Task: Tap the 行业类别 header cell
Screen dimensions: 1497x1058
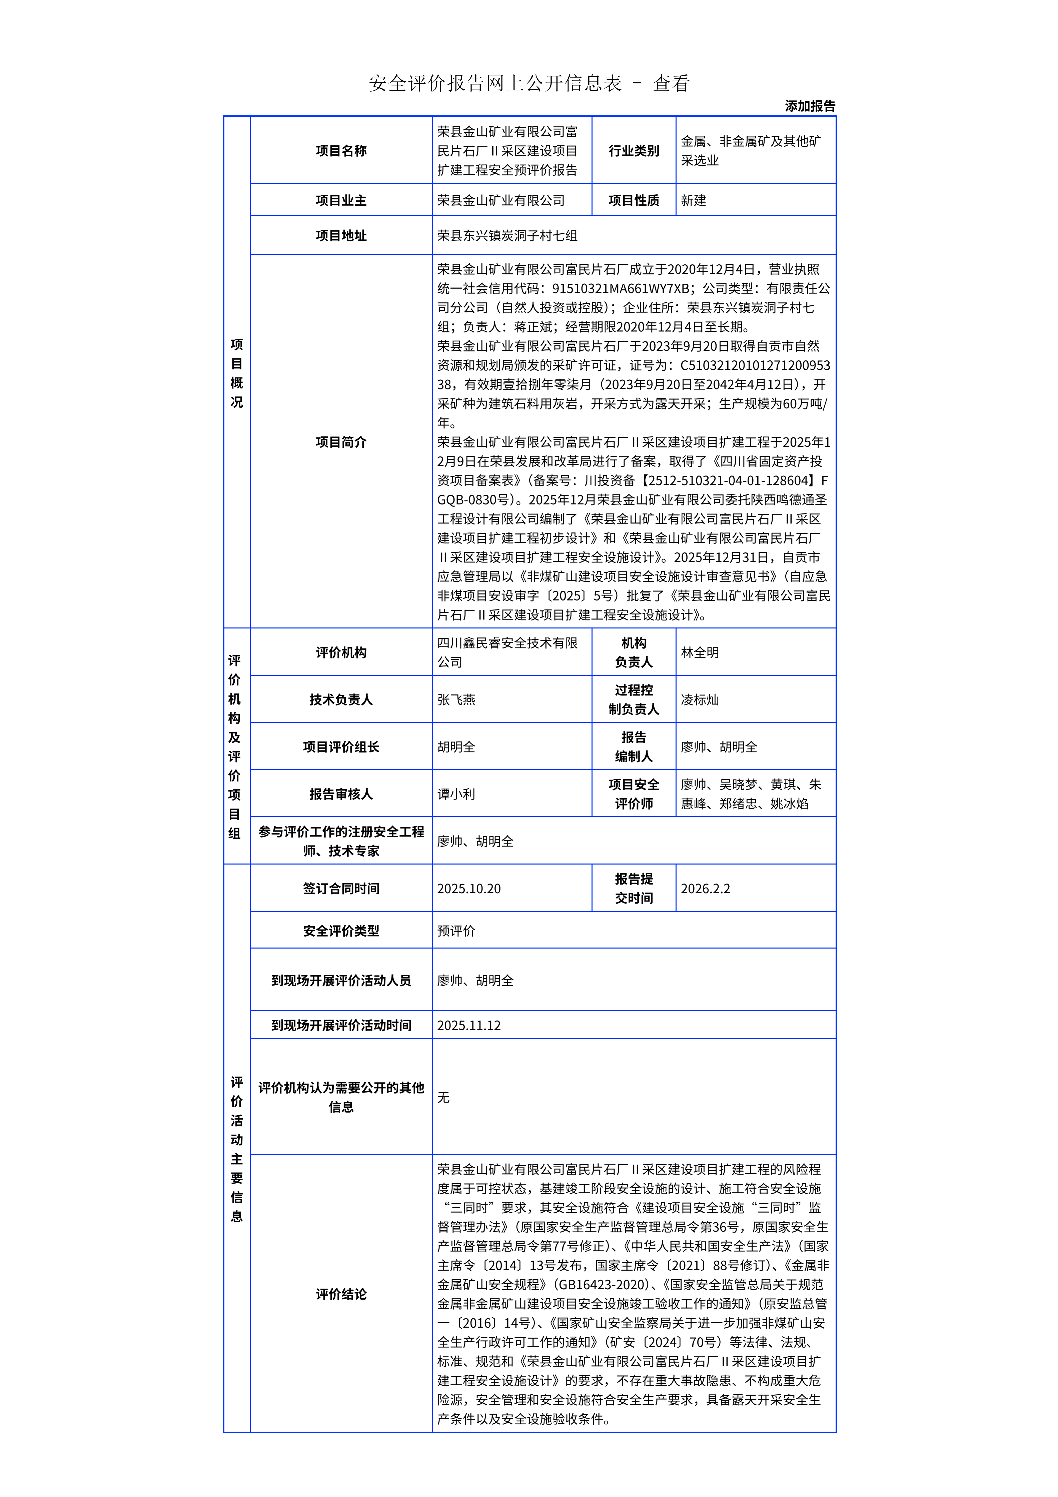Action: coord(634,151)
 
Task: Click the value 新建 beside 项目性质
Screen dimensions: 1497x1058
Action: coord(694,200)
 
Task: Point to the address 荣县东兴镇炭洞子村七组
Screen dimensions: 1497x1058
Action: coord(507,235)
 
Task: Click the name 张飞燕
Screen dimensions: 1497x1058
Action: coord(456,699)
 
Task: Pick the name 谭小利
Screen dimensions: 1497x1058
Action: coord(456,794)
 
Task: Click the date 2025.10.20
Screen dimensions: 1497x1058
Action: coord(469,889)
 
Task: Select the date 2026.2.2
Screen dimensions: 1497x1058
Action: coord(705,889)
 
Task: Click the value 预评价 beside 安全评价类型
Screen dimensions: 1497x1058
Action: coord(456,931)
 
